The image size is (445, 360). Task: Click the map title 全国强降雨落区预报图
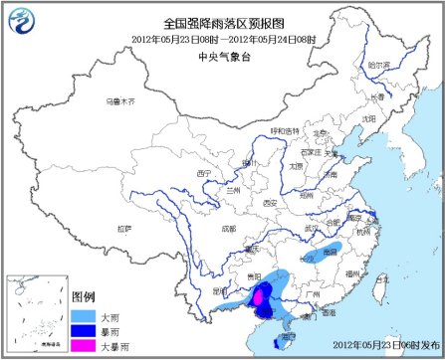(223, 24)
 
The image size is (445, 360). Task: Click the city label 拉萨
(122, 228)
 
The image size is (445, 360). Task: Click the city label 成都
(229, 228)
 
